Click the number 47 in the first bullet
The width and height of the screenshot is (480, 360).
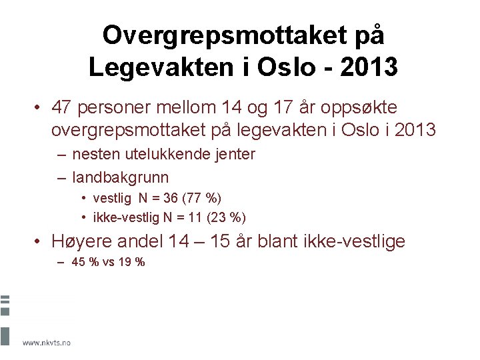click(x=64, y=107)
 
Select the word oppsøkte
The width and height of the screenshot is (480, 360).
click(x=363, y=108)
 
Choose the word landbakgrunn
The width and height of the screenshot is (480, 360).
click(x=121, y=177)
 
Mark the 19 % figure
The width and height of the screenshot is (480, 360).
click(x=131, y=262)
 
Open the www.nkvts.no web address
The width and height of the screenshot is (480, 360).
click(x=47, y=343)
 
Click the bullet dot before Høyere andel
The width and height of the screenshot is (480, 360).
click(x=40, y=241)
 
